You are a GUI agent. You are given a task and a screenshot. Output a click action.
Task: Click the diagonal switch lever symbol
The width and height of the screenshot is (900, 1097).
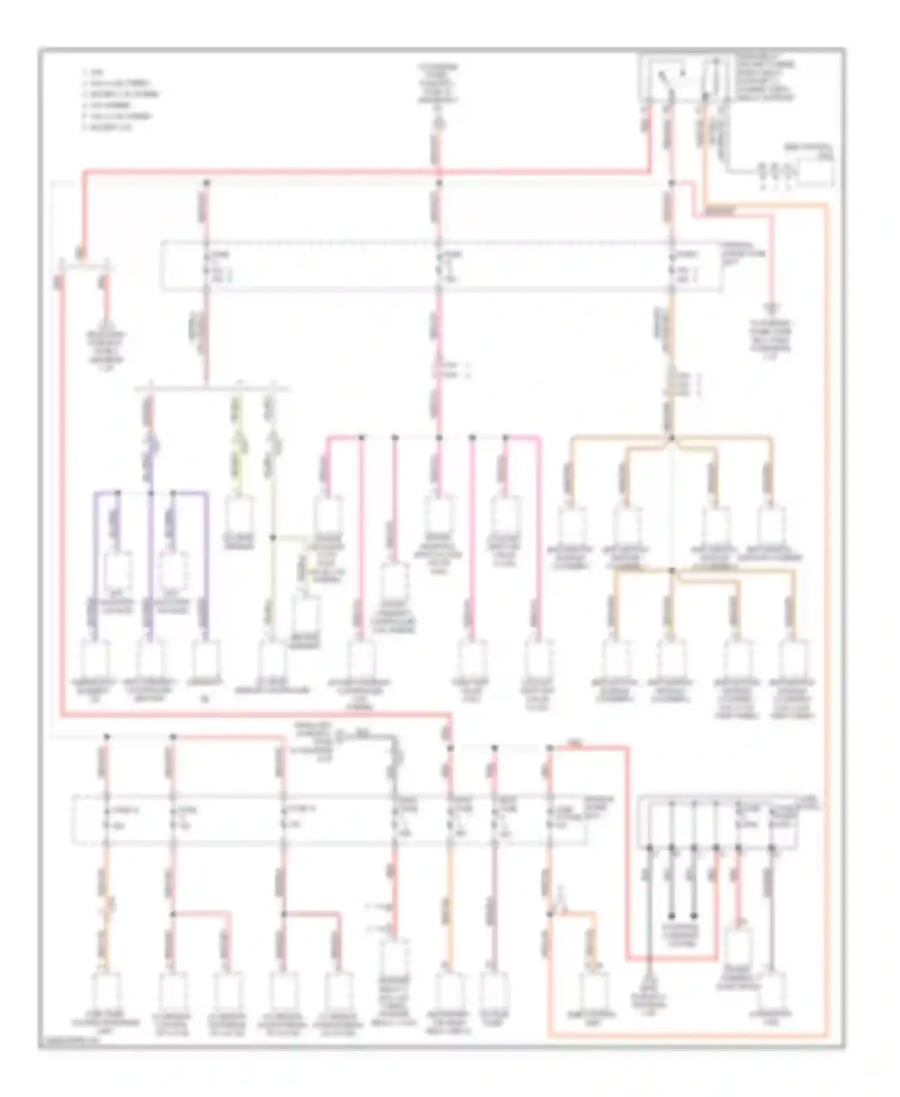pos(664,76)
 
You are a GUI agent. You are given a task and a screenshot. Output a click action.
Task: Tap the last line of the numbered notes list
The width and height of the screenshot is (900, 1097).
pos(108,127)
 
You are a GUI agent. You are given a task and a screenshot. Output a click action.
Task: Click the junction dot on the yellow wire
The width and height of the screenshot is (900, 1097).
pos(272,538)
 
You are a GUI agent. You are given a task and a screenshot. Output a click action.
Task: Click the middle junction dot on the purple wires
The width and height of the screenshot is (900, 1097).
pos(151,493)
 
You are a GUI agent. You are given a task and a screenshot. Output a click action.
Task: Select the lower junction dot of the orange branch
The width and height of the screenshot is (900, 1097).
pos(672,570)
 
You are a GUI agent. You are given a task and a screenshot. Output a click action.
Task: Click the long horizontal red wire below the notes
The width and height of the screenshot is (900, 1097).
pos(360,172)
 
